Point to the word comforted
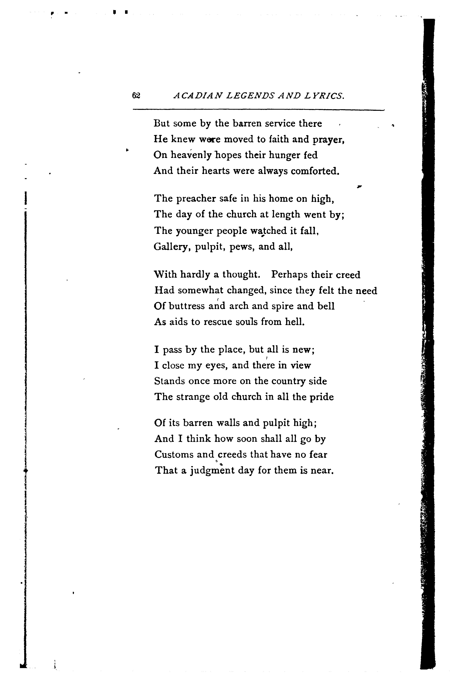[315, 171]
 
